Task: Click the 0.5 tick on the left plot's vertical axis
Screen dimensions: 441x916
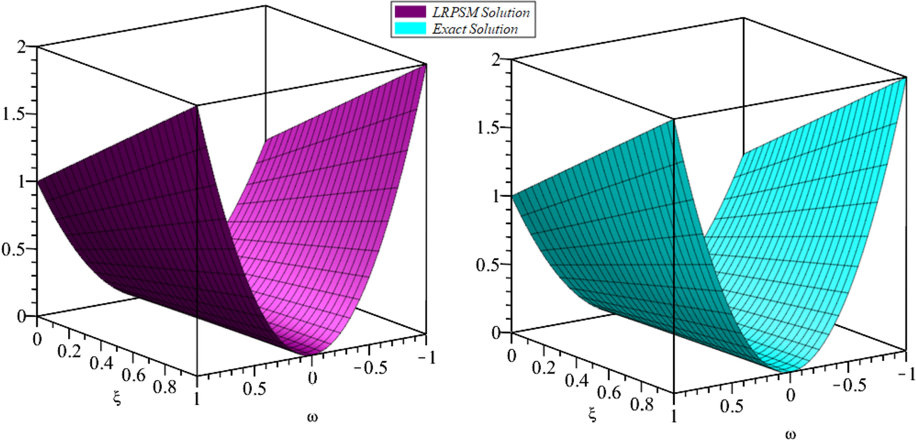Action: (x=17, y=249)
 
